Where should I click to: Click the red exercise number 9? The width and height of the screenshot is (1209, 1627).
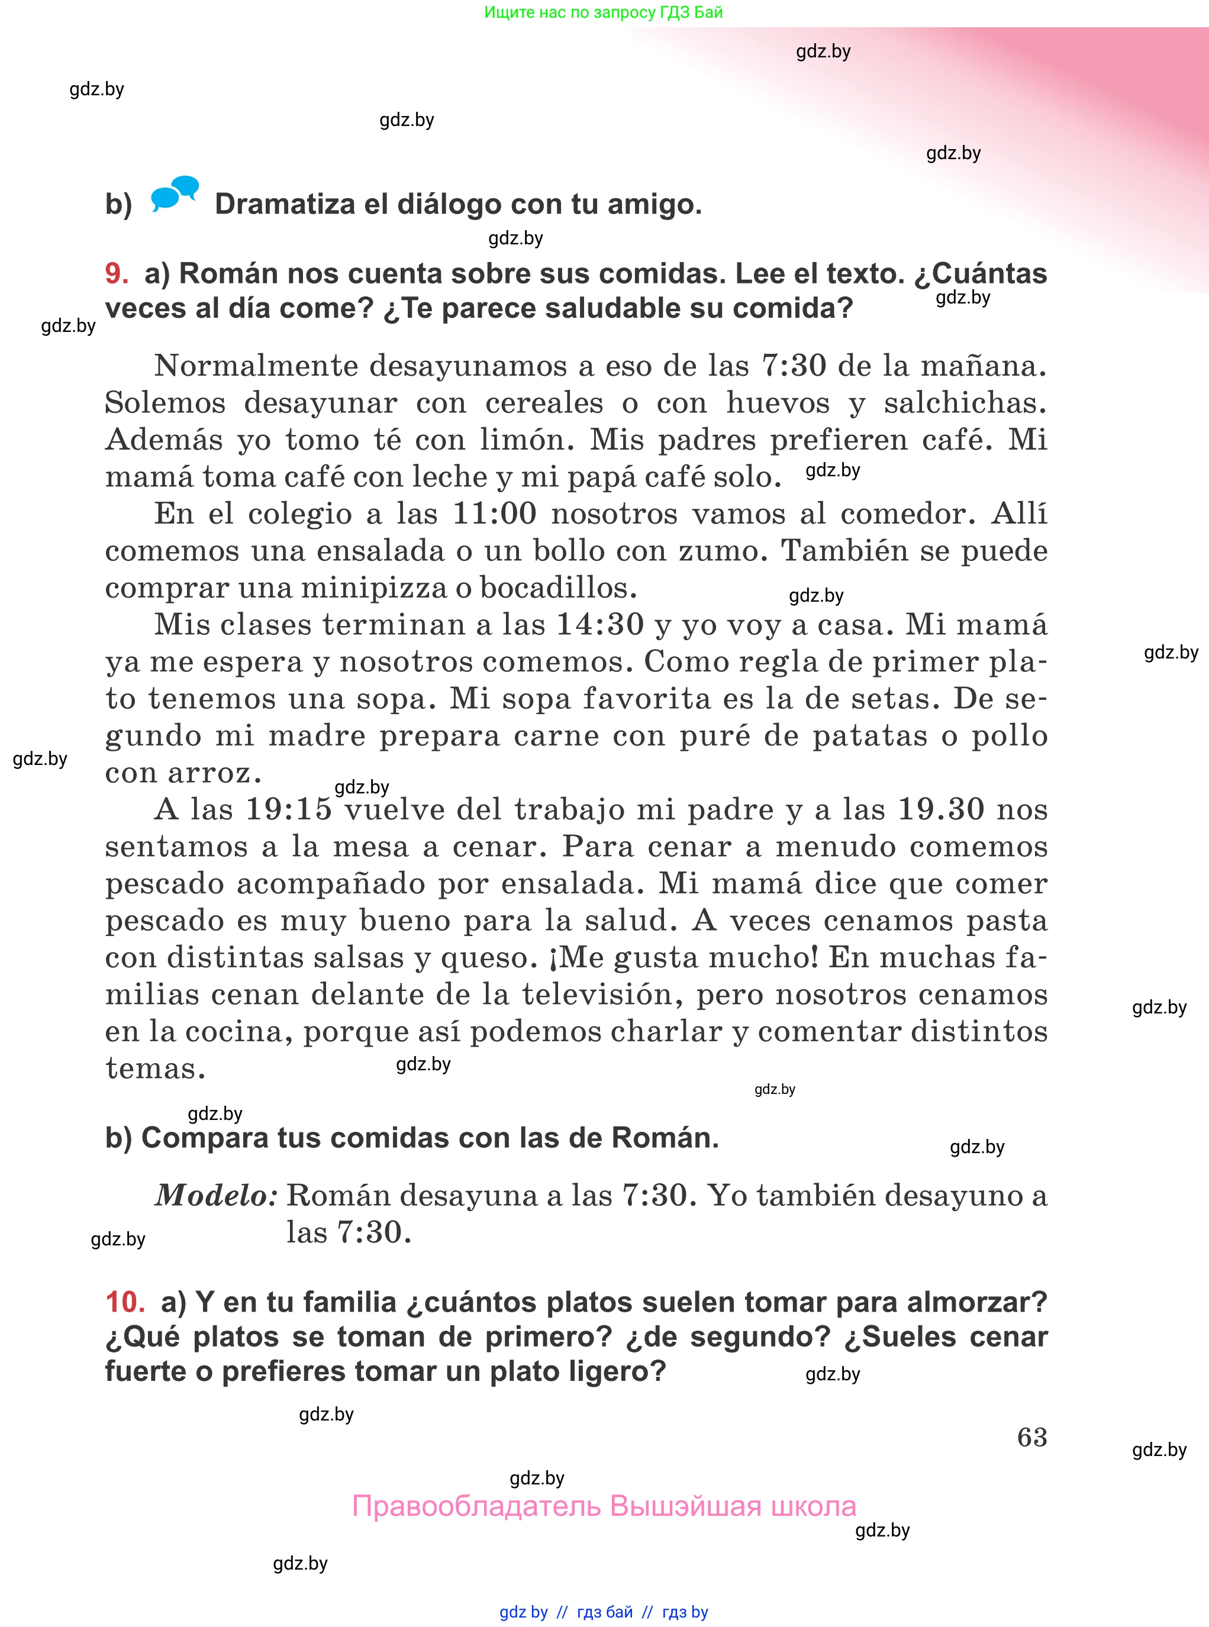point(117,273)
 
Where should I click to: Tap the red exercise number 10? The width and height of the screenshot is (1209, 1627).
point(124,1302)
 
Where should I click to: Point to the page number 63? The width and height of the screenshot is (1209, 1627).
point(1032,1437)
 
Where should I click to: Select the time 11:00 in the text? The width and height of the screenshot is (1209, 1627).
point(494,514)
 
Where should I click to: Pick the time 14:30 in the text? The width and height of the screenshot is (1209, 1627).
point(599,625)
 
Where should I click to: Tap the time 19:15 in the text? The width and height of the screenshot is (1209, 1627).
point(288,809)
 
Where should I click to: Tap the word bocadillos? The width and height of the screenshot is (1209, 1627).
point(557,587)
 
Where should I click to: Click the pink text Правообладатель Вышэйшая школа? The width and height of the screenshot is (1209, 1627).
point(604,1506)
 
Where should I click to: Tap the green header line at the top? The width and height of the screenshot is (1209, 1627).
point(603,12)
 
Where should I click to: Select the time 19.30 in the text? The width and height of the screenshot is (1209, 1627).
point(940,809)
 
